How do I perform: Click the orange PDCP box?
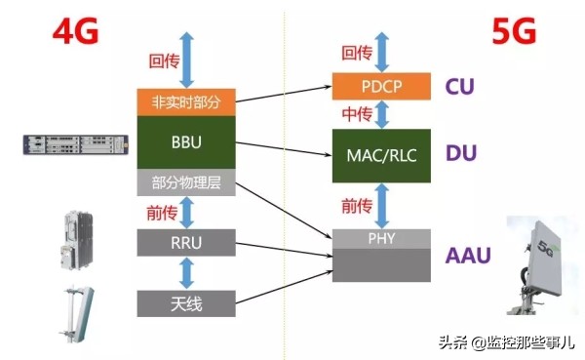[380, 86]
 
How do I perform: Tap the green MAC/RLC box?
[380, 155]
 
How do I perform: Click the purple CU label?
[459, 87]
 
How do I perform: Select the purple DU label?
[459, 153]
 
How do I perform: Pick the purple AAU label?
[466, 256]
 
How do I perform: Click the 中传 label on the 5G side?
[357, 114]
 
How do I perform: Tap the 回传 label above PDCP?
[357, 53]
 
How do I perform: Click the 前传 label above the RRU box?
[160, 213]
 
